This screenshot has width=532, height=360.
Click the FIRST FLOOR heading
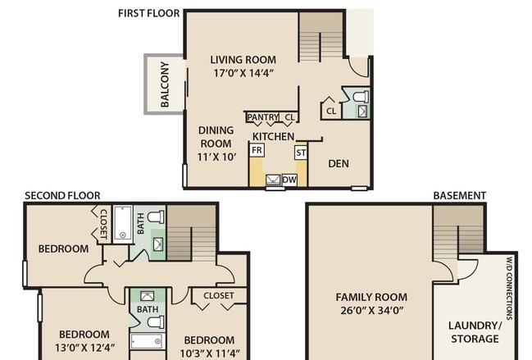(148, 13)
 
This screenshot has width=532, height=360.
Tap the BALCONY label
(165, 84)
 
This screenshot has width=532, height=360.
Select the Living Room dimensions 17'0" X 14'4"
(243, 73)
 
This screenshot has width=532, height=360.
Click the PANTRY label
(263, 117)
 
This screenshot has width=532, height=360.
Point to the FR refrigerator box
(257, 150)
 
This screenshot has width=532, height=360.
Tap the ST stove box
(301, 153)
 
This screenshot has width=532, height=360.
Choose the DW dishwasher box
(289, 180)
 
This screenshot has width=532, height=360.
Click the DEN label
(339, 163)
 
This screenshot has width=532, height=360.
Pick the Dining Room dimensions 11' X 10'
(216, 157)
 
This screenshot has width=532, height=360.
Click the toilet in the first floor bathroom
(361, 97)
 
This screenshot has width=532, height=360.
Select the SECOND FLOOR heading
(62, 196)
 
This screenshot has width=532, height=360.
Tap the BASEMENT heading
(460, 196)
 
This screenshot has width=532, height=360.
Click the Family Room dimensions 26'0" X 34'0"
(372, 311)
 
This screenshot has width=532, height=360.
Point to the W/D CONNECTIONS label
(509, 289)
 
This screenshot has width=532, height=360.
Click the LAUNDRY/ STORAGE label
(475, 332)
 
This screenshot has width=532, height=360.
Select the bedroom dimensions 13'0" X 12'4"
(84, 348)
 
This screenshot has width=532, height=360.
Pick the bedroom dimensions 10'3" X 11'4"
(210, 353)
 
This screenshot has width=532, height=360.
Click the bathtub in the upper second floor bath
(123, 222)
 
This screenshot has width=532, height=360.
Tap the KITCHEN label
(274, 136)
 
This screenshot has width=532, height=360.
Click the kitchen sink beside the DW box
(273, 180)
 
